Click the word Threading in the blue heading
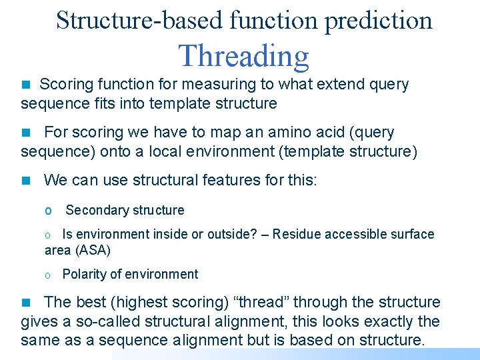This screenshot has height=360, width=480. [244, 56]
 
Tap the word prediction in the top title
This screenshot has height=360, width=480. [378, 21]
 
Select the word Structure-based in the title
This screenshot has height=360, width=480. [139, 21]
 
